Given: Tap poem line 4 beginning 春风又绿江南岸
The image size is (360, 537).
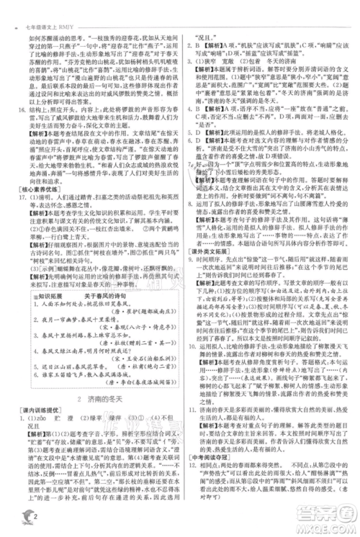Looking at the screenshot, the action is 78,362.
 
